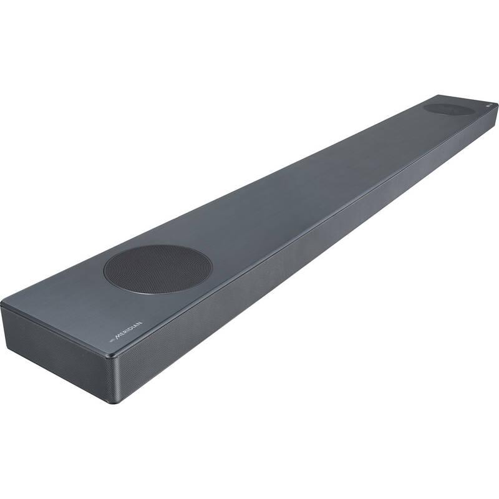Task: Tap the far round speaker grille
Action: point(448,109)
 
